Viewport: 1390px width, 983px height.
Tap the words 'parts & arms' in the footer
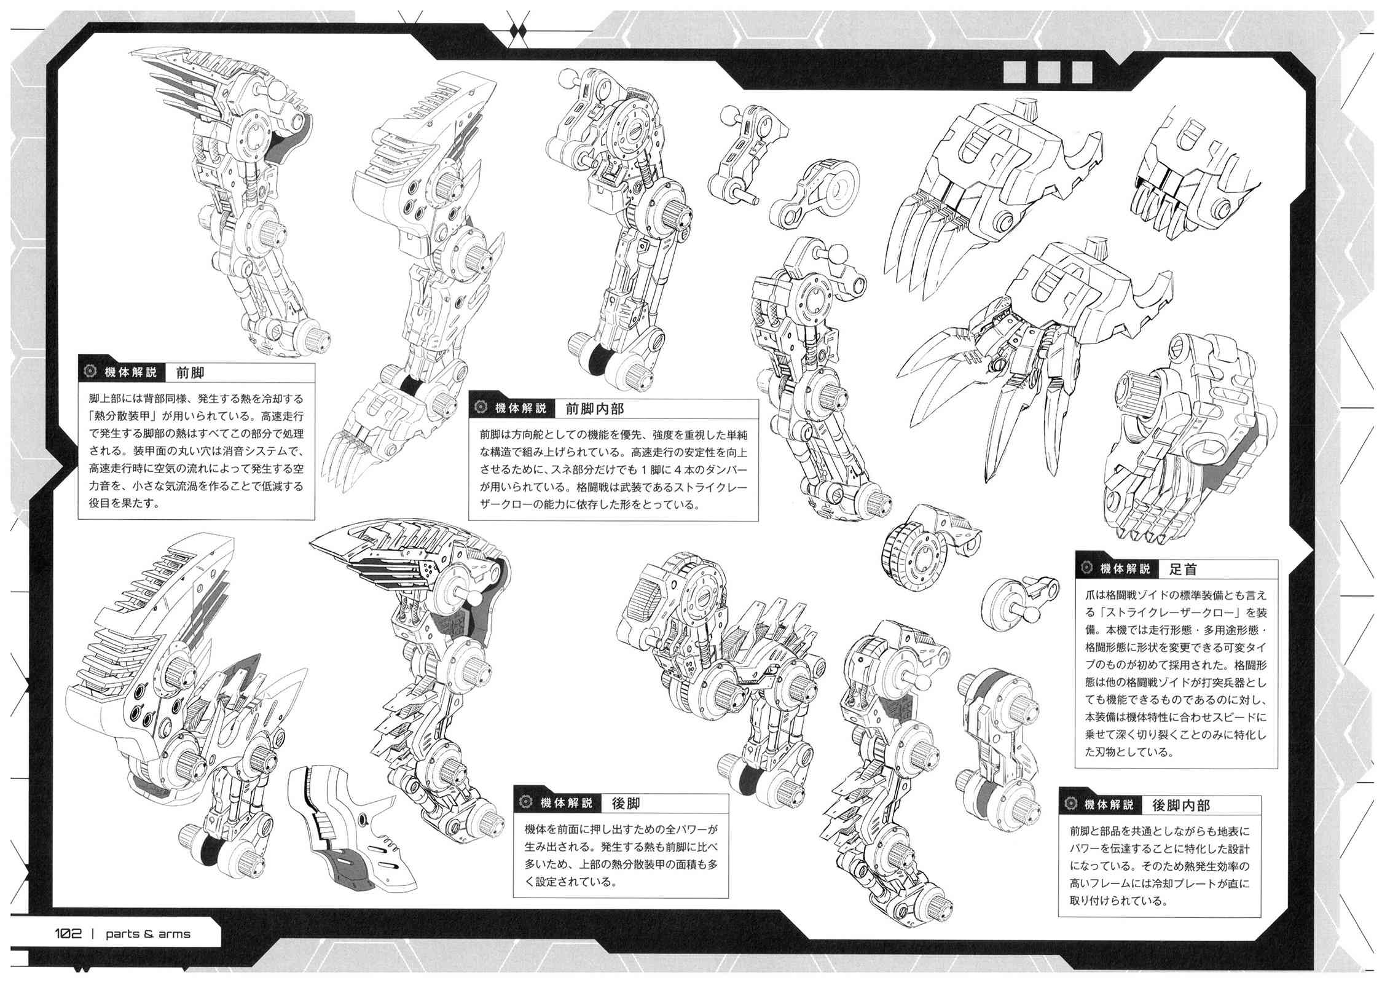click(x=148, y=934)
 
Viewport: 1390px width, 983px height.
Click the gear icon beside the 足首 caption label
click(x=1086, y=569)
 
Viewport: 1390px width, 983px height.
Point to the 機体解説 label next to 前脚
click(x=131, y=373)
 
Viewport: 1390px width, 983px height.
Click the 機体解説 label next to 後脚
click(x=567, y=802)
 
